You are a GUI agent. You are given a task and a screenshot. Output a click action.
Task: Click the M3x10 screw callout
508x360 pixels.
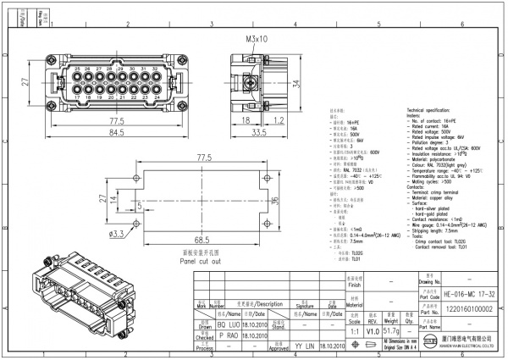click(257, 39)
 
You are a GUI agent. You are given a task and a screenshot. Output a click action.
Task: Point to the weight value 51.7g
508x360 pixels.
click(391, 331)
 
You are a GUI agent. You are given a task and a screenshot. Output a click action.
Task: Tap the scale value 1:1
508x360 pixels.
click(351, 331)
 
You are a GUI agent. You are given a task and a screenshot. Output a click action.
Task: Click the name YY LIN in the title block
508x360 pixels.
click(305, 346)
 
